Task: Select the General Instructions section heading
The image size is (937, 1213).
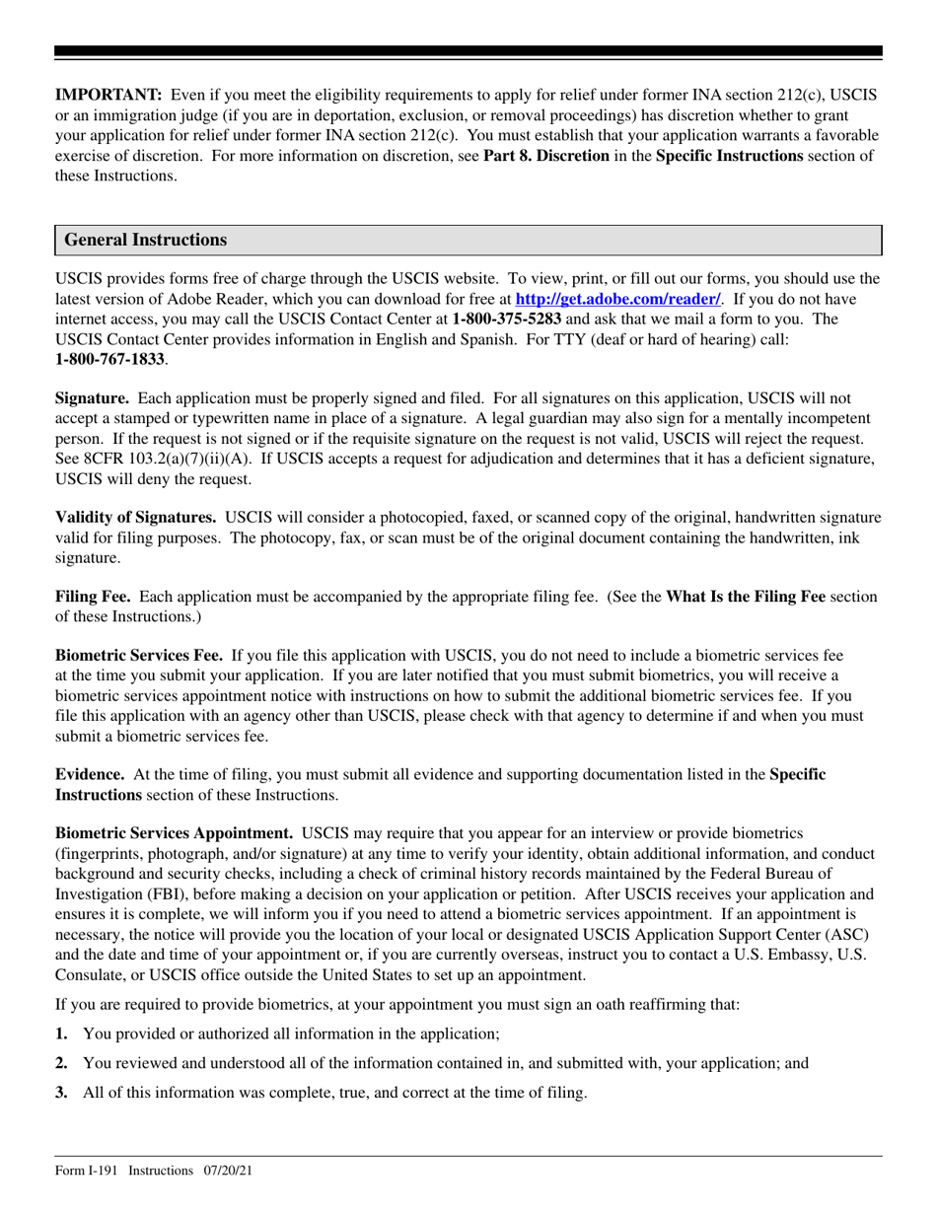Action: pos(145,240)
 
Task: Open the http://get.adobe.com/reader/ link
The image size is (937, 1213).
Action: pos(618,298)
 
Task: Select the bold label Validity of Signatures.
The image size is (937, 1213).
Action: pos(136,517)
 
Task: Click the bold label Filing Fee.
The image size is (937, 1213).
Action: pos(95,597)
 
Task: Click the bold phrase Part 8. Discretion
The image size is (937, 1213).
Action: pos(545,156)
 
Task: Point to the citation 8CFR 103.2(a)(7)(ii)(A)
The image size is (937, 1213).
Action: pos(168,459)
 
